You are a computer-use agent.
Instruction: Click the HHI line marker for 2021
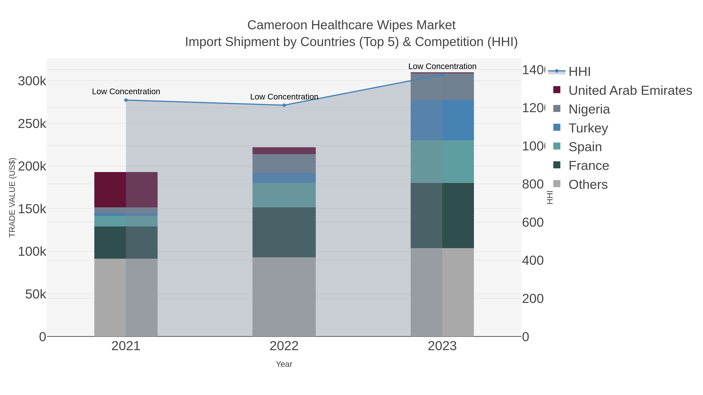(x=126, y=100)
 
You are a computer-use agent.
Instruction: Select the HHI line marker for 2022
(x=284, y=105)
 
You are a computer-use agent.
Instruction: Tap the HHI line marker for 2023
(x=442, y=75)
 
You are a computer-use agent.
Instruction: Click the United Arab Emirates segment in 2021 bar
(x=126, y=190)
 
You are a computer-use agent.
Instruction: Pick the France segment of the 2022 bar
(x=284, y=232)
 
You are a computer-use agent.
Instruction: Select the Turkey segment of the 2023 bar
(x=442, y=120)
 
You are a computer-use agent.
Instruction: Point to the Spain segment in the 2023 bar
(x=442, y=162)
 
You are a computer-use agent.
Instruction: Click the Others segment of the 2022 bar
(x=284, y=296)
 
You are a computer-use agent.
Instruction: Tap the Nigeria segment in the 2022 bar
(x=284, y=164)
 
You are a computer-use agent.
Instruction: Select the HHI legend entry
(x=579, y=72)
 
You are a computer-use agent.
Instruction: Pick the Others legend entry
(x=588, y=185)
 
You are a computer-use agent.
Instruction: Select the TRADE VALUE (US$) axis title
(x=12, y=197)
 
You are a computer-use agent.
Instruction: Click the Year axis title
(x=284, y=364)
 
